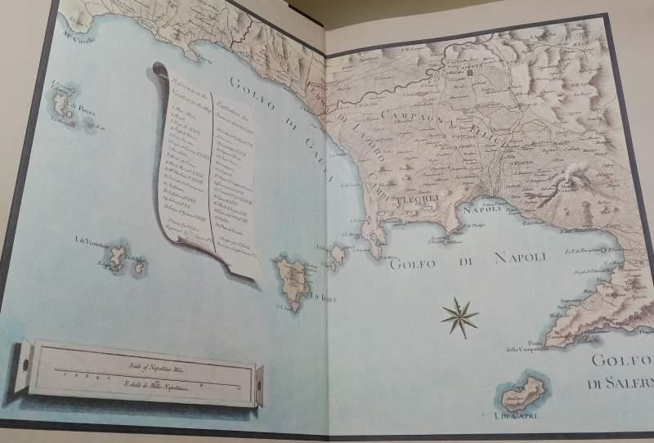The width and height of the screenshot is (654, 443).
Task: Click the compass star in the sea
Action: [x=460, y=317]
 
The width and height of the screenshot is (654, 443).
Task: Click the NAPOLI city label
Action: [x=481, y=210]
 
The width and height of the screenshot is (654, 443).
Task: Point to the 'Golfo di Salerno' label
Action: [x=620, y=372]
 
